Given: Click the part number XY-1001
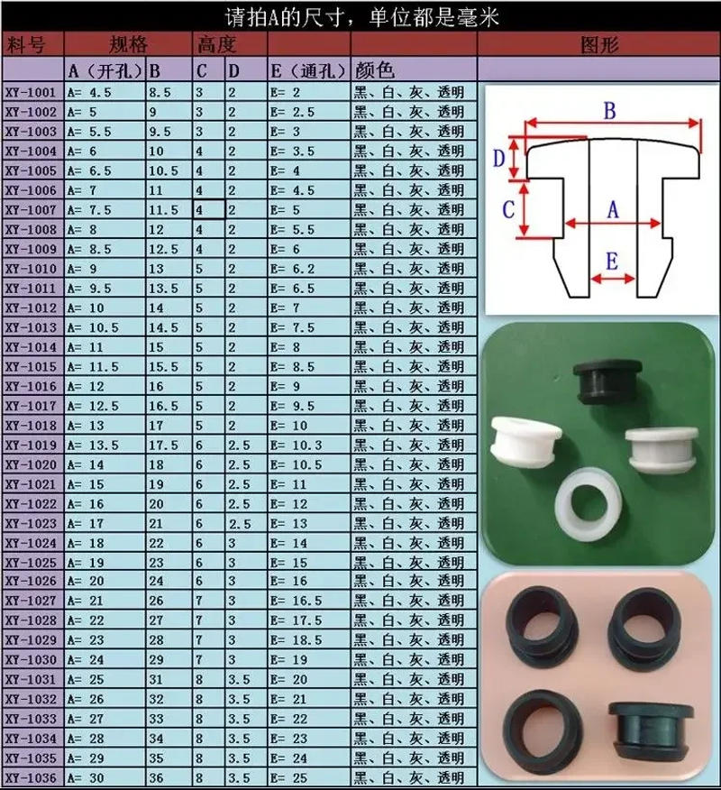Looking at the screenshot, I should [32, 93].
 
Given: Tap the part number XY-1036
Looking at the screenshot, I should [32, 777].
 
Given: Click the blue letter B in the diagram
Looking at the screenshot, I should [609, 110].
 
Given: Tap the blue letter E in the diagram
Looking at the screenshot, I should [611, 262].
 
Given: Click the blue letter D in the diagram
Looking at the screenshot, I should [498, 159].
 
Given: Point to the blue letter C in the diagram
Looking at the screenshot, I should [508, 209].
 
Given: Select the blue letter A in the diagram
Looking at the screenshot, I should [614, 209].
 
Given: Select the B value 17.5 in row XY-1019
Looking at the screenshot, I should [163, 445].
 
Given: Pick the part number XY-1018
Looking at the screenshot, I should [32, 425].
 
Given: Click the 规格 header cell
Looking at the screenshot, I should [127, 44].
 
